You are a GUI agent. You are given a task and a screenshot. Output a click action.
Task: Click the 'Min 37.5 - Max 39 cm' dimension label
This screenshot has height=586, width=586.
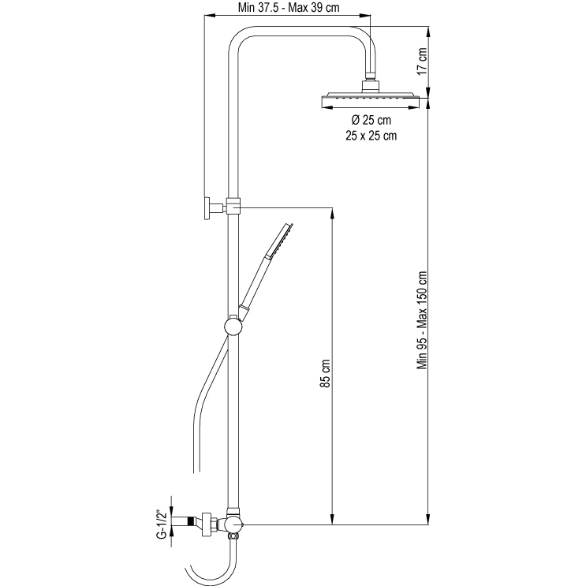pyautogui.click(x=289, y=8)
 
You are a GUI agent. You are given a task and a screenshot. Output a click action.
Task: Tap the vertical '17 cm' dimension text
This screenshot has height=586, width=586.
pyautogui.click(x=422, y=61)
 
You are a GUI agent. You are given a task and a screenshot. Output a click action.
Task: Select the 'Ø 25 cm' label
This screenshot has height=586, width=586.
pyautogui.click(x=371, y=120)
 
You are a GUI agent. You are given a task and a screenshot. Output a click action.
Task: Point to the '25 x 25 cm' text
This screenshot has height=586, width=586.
pyautogui.click(x=371, y=136)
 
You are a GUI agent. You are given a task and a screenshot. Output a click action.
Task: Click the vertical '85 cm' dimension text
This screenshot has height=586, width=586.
pyautogui.click(x=325, y=373)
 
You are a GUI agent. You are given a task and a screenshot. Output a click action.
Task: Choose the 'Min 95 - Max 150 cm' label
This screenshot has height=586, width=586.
pyautogui.click(x=422, y=320)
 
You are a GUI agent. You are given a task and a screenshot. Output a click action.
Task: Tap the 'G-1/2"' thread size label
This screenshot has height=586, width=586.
pyautogui.click(x=162, y=524)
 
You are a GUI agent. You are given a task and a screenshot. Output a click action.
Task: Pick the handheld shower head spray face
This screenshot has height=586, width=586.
pyautogui.click(x=282, y=241)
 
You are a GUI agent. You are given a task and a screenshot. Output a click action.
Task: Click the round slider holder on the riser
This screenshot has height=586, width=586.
pyautogui.click(x=233, y=327)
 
